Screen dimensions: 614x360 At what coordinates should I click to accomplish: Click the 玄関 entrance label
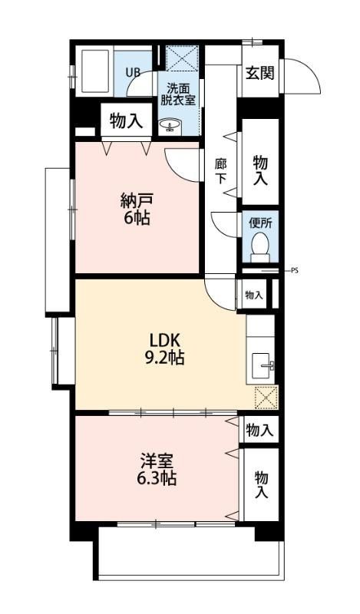(260, 74)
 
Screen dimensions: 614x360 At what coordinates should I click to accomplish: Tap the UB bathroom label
(133, 73)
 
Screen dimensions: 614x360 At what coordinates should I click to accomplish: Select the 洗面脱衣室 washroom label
(177, 94)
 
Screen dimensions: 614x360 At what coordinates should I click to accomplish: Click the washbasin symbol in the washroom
(169, 124)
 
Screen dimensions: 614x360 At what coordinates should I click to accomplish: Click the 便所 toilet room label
(260, 223)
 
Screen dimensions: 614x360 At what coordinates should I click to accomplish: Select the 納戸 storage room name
(137, 201)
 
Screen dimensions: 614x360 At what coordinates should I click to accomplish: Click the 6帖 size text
(137, 219)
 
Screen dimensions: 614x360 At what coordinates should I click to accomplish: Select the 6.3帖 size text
(157, 479)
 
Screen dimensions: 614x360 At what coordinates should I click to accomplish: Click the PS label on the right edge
(296, 270)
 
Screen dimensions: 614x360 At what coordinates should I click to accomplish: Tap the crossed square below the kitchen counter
(266, 398)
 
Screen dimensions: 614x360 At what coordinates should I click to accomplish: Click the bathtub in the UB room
(94, 72)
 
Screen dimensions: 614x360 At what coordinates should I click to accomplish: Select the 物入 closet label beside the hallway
(261, 170)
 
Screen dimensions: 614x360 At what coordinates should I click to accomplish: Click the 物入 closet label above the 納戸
(126, 120)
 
